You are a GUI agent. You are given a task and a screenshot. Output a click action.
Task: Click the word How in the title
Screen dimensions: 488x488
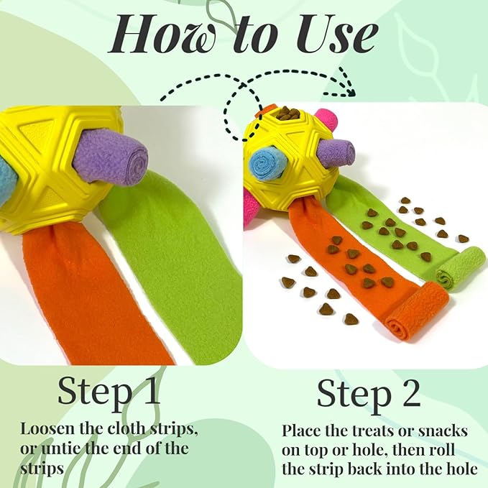(162, 34)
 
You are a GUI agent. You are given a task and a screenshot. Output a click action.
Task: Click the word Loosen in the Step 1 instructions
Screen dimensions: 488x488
(47, 429)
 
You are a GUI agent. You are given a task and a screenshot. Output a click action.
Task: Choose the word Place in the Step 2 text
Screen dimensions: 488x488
(301, 431)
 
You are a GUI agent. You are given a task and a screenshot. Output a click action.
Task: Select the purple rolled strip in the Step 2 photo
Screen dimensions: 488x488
(337, 152)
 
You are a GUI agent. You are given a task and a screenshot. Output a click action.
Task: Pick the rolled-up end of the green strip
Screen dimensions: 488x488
(461, 269)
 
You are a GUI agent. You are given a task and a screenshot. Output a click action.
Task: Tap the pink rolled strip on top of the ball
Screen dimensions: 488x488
(325, 121)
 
